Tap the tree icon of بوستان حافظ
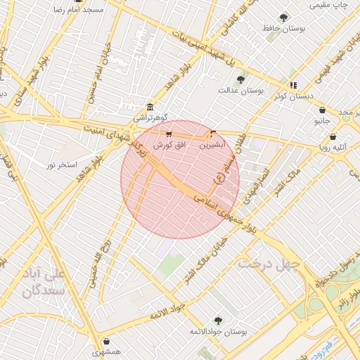[284, 18]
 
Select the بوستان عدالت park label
[240, 90]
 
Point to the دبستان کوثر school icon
[294, 85]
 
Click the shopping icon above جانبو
[322, 110]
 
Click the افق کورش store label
[169, 144]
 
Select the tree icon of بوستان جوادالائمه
[218, 320]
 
